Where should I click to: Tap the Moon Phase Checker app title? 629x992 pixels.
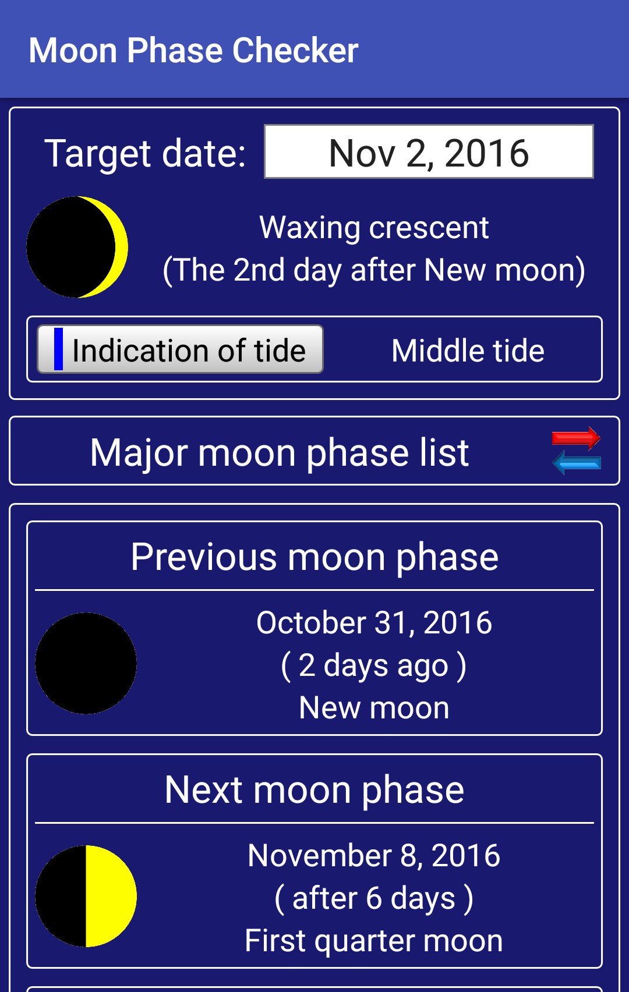193,51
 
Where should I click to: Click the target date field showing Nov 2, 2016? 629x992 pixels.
429,151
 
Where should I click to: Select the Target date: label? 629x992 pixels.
145,154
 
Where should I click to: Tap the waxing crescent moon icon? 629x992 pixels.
77,247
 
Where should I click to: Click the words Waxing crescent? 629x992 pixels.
374,228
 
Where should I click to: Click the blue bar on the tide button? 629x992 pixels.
58,349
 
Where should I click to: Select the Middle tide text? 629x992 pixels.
468,350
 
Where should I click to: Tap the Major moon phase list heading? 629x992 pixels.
280,452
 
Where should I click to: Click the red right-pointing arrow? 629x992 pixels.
576,438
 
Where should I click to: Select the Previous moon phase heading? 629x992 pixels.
314,557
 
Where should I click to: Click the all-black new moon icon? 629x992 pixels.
86,664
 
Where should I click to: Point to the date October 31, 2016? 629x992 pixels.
374,622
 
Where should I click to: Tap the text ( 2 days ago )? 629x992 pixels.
374,665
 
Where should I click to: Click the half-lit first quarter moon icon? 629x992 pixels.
86,897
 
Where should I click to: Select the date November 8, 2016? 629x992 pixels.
374,855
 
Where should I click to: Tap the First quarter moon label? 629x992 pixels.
374,941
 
